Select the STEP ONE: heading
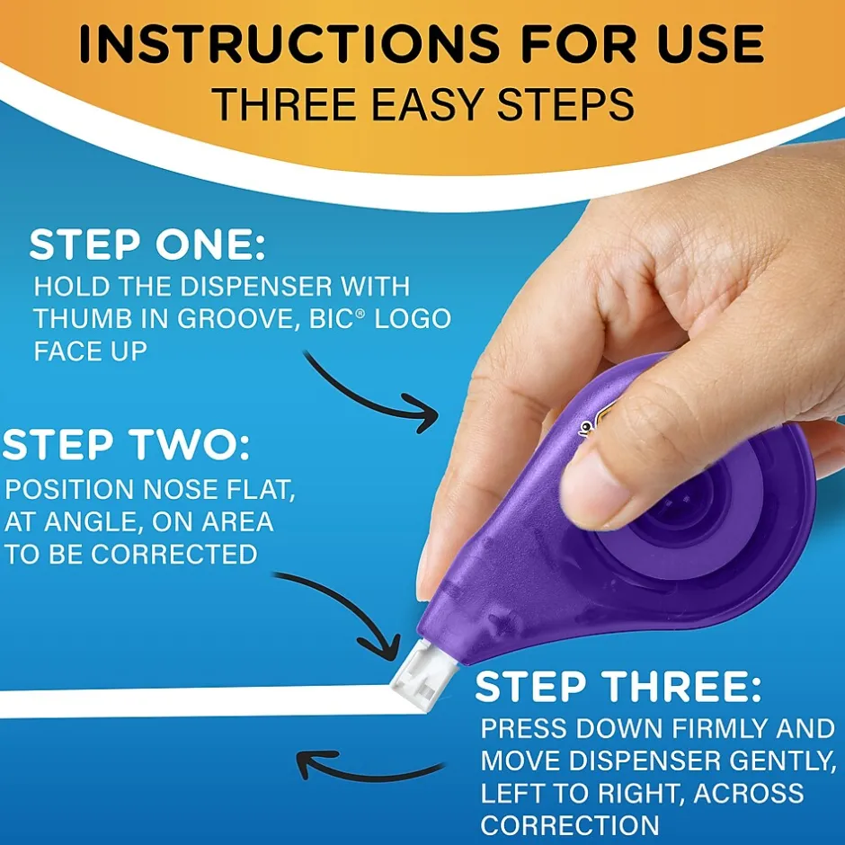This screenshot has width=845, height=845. (x=147, y=245)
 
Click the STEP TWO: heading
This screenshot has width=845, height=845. (x=127, y=446)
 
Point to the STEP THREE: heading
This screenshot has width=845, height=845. (x=618, y=688)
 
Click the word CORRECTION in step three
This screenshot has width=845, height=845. (x=570, y=824)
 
